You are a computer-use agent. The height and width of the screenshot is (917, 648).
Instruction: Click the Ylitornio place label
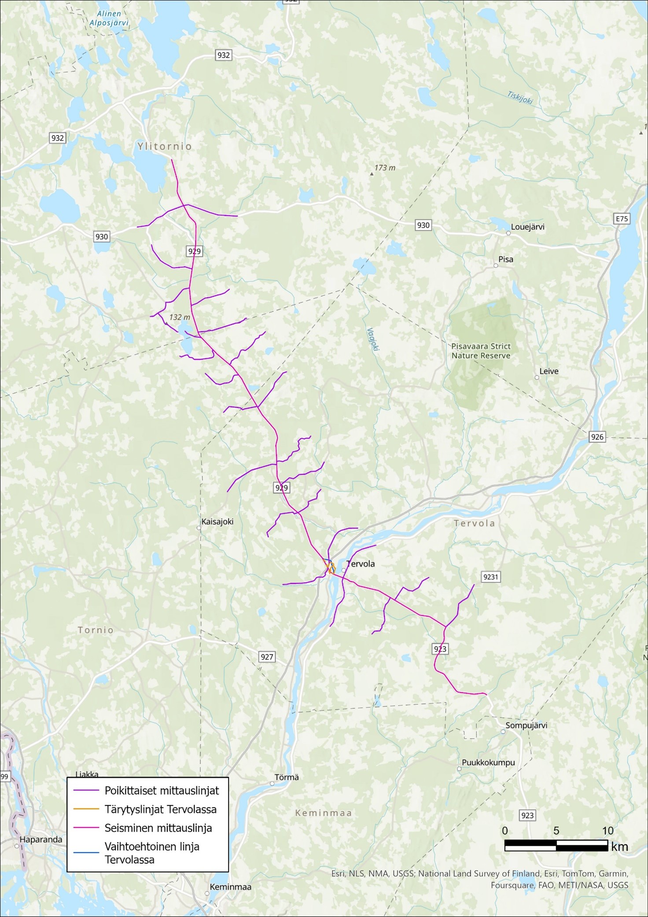point(165,146)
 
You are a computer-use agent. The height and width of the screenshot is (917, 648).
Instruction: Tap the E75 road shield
point(621,219)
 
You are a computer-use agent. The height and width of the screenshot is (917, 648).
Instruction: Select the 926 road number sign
point(597,437)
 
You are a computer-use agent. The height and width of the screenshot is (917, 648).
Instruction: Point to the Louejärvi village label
point(527,227)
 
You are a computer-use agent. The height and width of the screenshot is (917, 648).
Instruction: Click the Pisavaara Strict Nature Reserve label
point(481,351)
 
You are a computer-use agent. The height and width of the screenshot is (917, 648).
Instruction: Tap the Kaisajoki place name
point(217,522)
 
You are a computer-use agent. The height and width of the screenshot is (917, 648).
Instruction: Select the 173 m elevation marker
point(384,168)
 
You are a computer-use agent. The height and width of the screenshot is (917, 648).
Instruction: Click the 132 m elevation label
point(180,317)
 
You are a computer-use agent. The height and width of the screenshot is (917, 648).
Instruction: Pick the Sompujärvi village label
point(526,725)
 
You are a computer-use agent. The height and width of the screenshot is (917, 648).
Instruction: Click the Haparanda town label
point(41,840)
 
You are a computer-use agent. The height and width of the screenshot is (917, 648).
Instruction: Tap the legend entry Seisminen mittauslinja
point(158,828)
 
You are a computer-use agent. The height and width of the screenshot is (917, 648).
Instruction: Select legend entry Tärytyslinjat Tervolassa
point(160,809)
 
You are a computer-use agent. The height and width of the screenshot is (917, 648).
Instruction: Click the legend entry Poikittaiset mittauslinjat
point(162,790)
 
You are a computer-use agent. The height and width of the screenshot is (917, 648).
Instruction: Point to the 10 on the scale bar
point(607,831)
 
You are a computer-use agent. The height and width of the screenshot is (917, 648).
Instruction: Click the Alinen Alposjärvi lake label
point(106,19)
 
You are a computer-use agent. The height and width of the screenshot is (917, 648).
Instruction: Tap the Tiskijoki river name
point(520,97)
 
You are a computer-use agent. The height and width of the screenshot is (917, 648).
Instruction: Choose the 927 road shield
point(267,657)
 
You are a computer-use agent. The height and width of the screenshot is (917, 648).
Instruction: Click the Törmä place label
point(287,777)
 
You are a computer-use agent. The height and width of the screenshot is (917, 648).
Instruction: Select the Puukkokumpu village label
point(488,762)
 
